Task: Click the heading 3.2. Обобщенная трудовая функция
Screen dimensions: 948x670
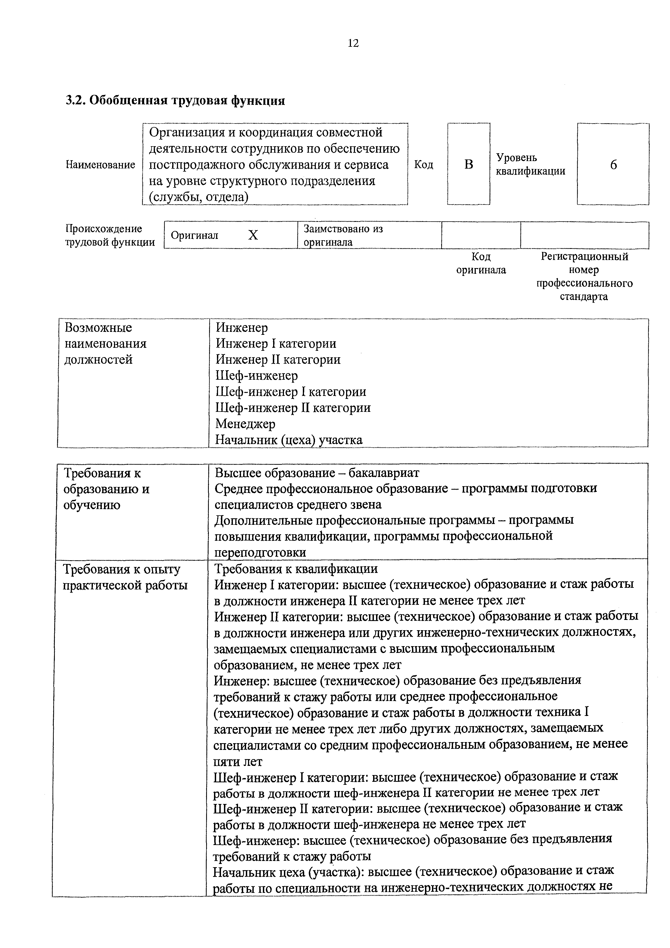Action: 175,100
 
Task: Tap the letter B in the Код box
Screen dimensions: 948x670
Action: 468,164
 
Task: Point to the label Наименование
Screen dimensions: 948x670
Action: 100,165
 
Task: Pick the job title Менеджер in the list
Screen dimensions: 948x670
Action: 245,424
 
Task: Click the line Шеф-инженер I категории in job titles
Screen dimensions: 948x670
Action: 291,391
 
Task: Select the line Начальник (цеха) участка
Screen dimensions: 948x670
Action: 289,440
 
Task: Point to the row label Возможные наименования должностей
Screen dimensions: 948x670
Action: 106,343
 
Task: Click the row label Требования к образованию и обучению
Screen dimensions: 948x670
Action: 106,489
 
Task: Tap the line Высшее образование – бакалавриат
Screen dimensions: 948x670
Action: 317,472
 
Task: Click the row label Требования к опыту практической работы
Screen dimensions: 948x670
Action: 125,577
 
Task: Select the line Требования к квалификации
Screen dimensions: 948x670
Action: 296,569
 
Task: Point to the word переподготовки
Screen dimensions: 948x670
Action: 260,552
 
